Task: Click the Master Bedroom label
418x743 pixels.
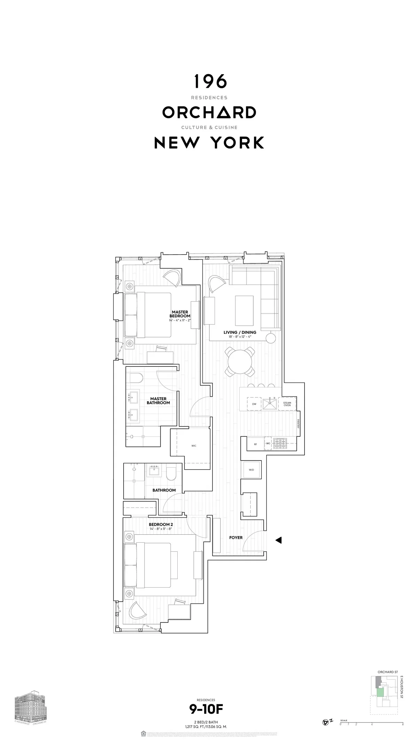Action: click(x=180, y=314)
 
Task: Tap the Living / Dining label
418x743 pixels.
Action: click(x=240, y=333)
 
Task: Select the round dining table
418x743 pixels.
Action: click(x=240, y=362)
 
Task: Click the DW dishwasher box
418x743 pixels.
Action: click(x=254, y=404)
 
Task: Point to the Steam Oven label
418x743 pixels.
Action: click(x=287, y=404)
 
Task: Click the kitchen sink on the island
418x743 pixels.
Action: click(x=270, y=404)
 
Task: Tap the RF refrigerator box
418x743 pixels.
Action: click(x=255, y=444)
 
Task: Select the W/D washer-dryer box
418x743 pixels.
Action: click(x=251, y=470)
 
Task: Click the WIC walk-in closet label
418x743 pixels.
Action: click(x=194, y=446)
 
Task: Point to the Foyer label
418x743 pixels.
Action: click(x=236, y=537)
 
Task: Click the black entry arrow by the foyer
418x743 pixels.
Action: click(x=278, y=540)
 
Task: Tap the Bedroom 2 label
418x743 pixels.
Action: click(x=161, y=525)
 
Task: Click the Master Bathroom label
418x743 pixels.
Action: click(x=158, y=401)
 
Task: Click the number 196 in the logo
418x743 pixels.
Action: click(x=210, y=82)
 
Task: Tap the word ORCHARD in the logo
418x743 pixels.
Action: click(x=209, y=112)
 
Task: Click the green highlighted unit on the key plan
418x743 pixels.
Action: click(x=381, y=689)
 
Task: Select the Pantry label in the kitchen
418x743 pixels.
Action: click(x=299, y=424)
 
